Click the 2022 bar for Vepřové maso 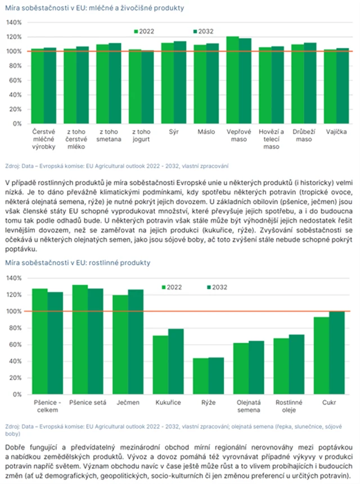point(233,80)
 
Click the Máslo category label point(206,132)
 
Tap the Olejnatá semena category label point(248,406)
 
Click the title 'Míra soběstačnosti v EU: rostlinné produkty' point(78,263)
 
